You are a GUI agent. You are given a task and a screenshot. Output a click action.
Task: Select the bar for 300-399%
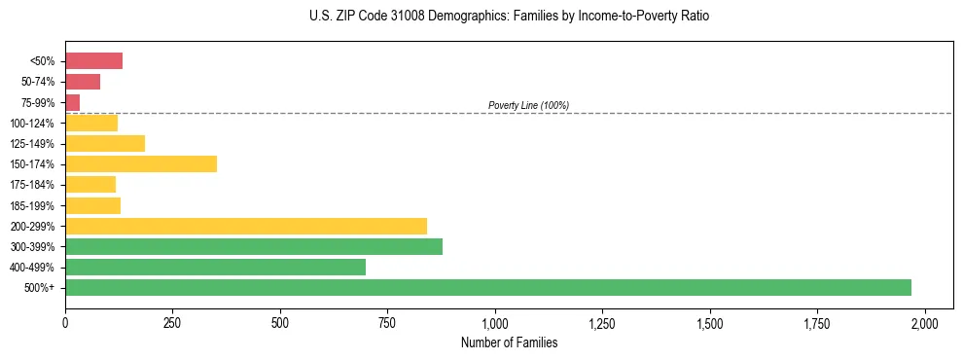(254, 246)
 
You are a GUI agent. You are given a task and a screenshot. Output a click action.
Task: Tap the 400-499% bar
(215, 267)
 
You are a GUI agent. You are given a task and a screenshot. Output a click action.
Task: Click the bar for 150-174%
(141, 163)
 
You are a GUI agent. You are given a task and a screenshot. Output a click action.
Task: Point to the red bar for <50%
(93, 61)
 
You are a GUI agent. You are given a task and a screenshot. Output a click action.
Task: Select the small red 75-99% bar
(73, 102)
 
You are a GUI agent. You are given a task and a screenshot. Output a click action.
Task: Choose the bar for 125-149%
(105, 143)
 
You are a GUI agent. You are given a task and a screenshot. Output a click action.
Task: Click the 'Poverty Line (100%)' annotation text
(528, 105)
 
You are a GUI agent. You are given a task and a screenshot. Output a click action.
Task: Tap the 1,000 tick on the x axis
(495, 323)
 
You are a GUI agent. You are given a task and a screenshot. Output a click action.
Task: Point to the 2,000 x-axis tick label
(925, 323)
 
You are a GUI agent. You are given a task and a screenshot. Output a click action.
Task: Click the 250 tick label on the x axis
(172, 323)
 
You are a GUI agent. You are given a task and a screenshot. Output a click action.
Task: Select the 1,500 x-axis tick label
(710, 323)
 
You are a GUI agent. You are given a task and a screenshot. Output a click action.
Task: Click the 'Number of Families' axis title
(509, 342)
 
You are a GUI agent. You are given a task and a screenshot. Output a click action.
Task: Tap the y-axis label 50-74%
(38, 82)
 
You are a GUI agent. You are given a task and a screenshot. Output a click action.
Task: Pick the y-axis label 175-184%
(34, 185)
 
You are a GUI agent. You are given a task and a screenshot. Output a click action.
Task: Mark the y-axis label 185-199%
(34, 205)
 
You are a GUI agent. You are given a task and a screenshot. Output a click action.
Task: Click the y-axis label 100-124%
(34, 123)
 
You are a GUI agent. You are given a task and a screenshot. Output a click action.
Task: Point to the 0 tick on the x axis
(65, 323)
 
